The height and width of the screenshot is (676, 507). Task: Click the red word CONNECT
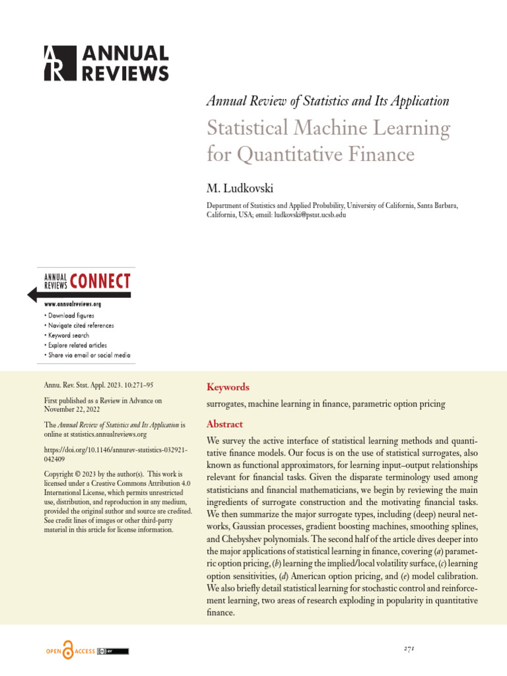(100, 282)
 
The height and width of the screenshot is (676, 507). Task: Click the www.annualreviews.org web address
(73, 304)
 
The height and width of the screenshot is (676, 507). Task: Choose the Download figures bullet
(70, 316)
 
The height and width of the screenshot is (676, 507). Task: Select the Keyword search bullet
(68, 335)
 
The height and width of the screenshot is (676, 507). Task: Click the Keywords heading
(228, 387)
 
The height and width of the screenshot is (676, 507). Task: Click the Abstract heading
(224, 424)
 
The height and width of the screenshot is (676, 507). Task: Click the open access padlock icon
(68, 651)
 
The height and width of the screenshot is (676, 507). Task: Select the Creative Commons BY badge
(113, 652)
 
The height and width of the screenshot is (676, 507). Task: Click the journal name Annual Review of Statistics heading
(327, 101)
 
